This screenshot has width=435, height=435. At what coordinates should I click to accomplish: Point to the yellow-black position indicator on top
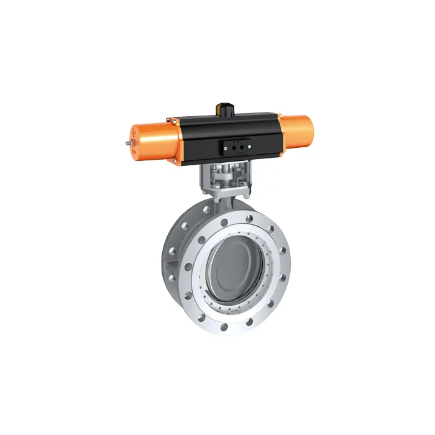tap(223, 108)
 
